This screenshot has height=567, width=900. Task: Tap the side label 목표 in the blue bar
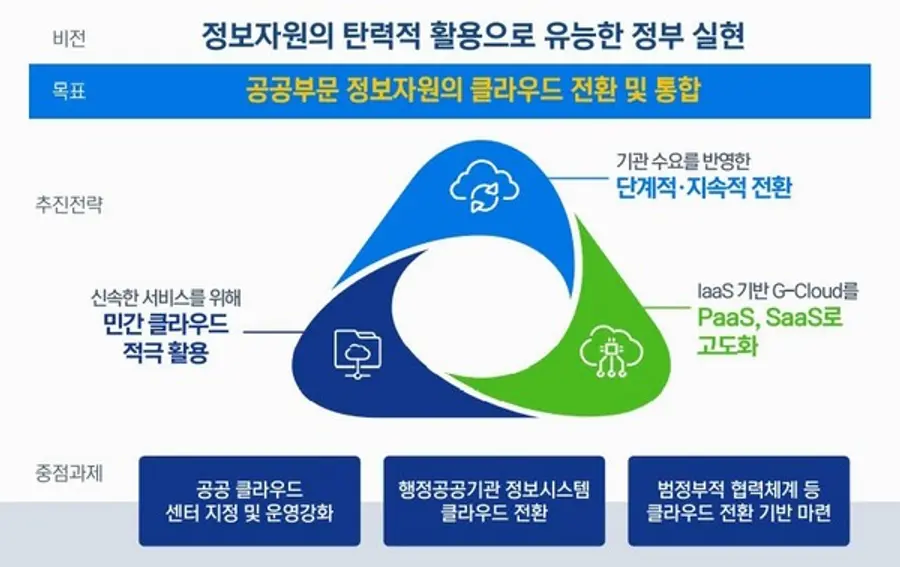pyautogui.click(x=68, y=91)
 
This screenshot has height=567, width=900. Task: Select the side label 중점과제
pyautogui.click(x=68, y=471)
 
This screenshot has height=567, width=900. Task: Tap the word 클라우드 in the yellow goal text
pyautogui.click(x=504, y=91)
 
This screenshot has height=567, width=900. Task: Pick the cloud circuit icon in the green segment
pyautogui.click(x=604, y=348)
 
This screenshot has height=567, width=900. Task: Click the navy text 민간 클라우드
pyautogui.click(x=165, y=324)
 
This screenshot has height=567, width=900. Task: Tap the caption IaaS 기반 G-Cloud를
pyautogui.click(x=777, y=291)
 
